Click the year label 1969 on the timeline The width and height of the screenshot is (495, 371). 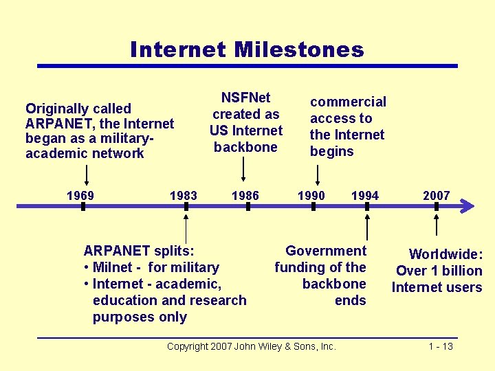tap(80, 196)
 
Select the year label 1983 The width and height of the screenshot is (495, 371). tap(183, 196)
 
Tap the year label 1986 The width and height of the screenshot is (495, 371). tap(245, 196)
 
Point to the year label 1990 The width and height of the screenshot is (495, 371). tap(311, 196)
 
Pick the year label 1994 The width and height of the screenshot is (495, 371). tap(365, 196)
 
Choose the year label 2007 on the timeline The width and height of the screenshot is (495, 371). tap(436, 196)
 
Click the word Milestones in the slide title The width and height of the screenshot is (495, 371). tap(298, 50)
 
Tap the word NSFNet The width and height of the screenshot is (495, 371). tap(245, 98)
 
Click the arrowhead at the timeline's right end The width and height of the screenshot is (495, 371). tap(467, 205)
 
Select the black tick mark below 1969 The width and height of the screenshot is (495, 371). tap(83, 205)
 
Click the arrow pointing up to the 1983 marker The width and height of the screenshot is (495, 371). tap(186, 227)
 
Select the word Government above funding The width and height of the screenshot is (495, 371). tap(326, 251)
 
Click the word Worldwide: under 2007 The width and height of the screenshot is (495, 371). tap(446, 254)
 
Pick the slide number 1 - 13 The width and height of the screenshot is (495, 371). tap(441, 346)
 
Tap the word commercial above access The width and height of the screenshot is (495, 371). tap(348, 102)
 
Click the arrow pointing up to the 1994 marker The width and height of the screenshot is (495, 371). tap(368, 227)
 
